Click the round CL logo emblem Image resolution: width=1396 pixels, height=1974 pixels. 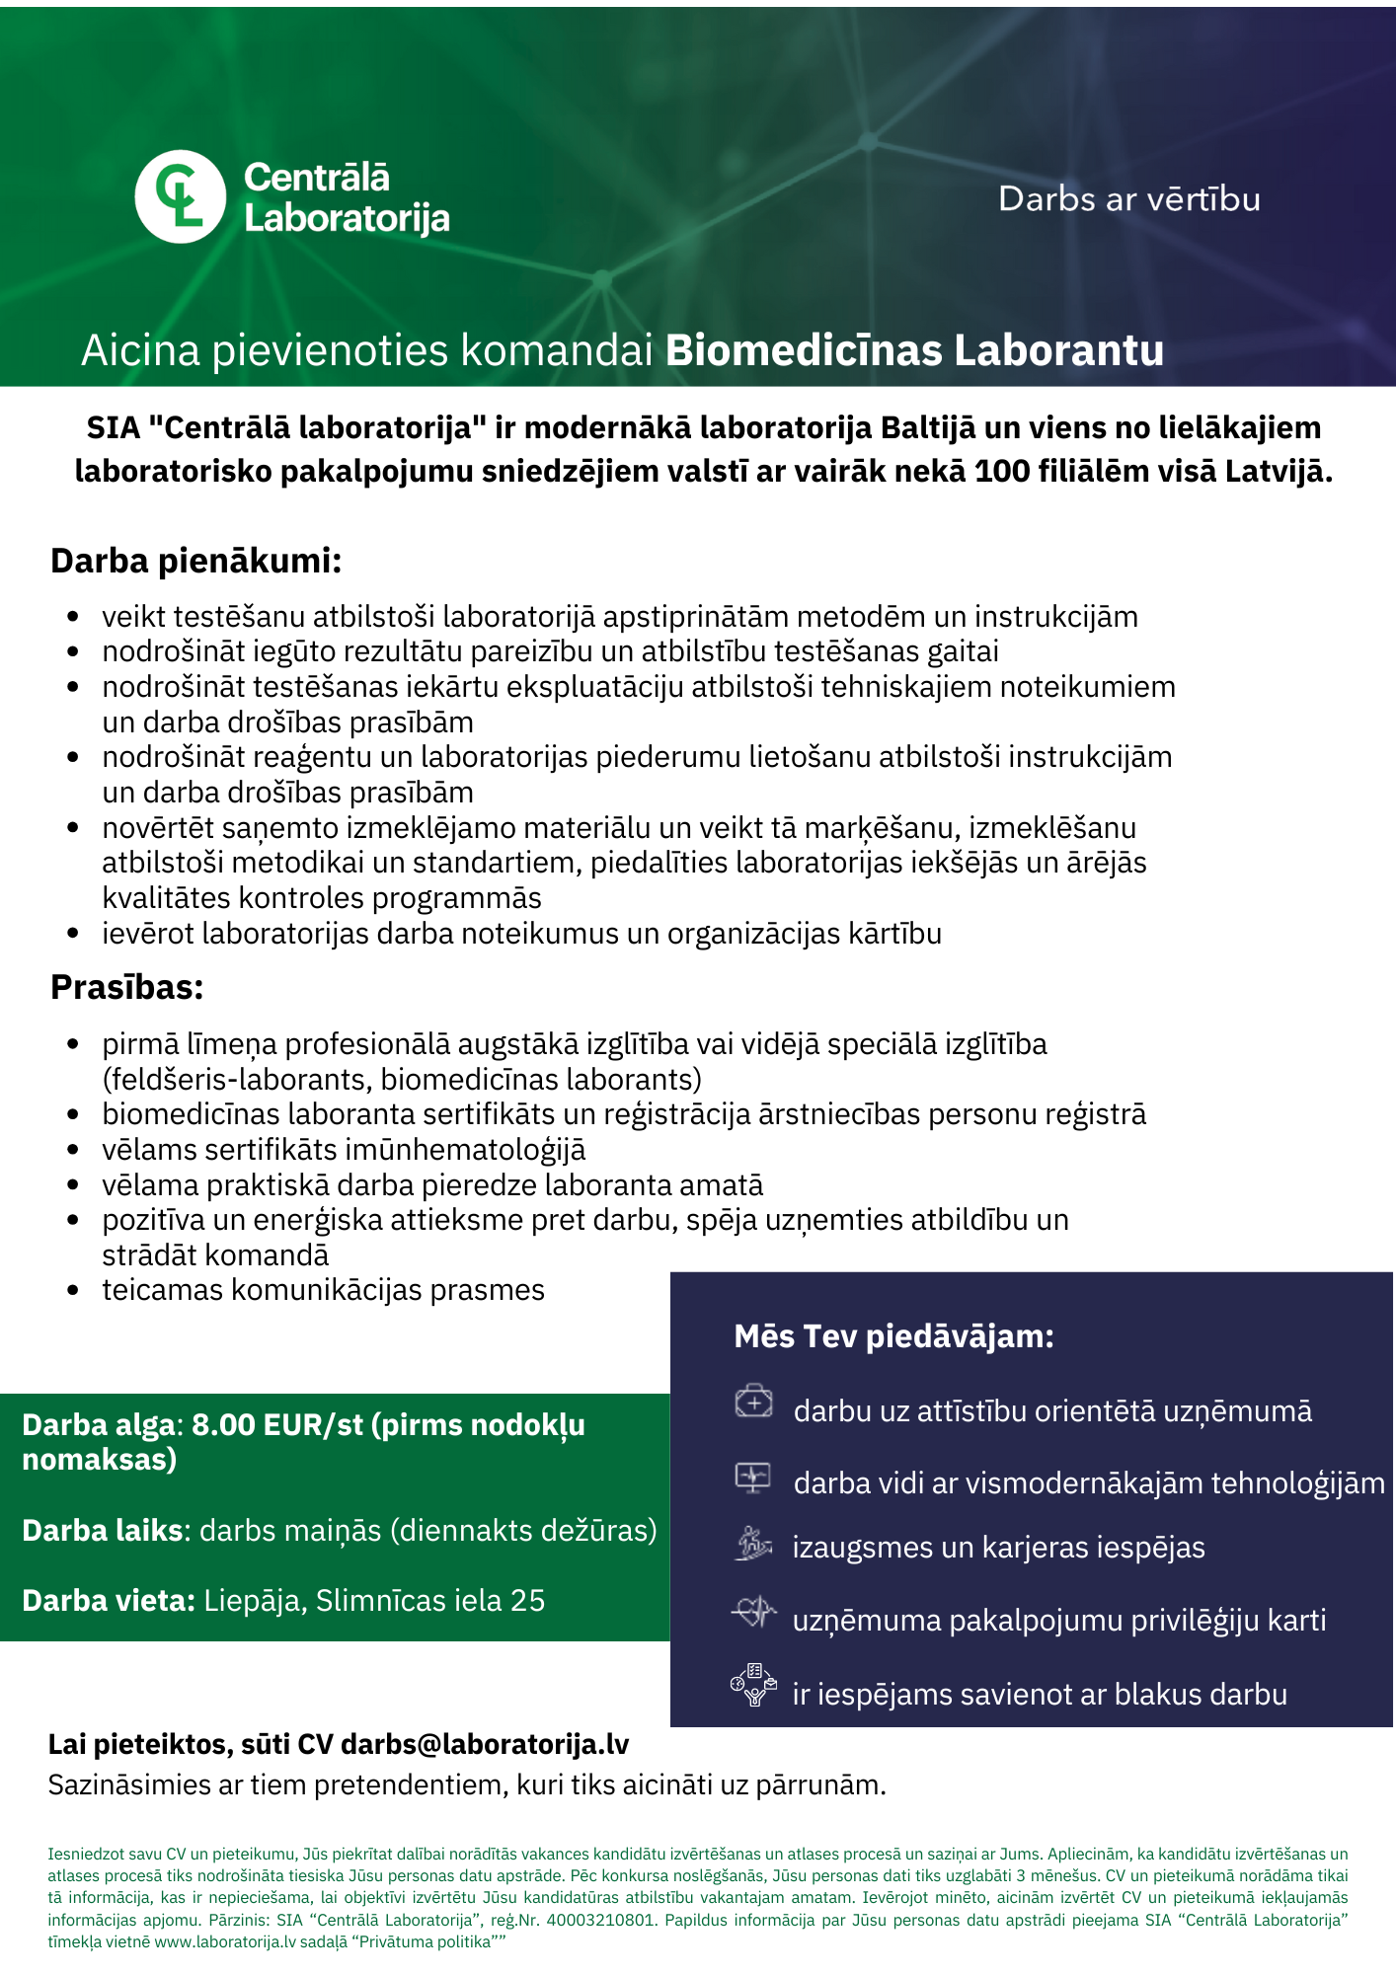(x=181, y=197)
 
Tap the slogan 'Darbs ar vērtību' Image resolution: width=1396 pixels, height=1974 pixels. (x=1128, y=199)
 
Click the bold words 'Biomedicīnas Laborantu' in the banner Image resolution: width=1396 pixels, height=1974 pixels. (x=914, y=351)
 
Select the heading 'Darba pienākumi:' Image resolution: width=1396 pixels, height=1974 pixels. (x=196, y=561)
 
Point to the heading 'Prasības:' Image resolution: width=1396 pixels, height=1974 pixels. (x=127, y=987)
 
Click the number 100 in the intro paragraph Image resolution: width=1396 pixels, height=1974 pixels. (x=1002, y=472)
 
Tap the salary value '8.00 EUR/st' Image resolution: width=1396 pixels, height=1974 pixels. (x=277, y=1425)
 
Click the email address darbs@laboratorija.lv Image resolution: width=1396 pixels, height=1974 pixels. (x=485, y=1744)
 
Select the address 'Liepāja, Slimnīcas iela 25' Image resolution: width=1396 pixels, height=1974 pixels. (x=374, y=1600)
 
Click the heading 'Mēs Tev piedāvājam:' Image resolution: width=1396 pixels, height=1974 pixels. (x=893, y=1336)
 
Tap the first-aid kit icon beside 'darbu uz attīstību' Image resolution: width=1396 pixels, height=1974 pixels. (x=753, y=1402)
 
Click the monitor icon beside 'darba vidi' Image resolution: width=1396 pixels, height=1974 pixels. (x=753, y=1477)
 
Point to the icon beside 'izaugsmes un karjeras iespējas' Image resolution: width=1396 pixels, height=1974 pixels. (x=753, y=1543)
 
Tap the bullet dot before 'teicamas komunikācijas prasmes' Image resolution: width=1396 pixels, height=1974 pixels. (x=73, y=1291)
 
